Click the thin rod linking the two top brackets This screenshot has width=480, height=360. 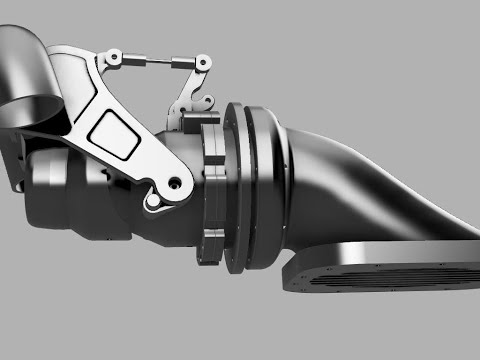pyautogui.click(x=151, y=62)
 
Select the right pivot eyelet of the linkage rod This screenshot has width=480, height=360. pyautogui.click(x=183, y=65)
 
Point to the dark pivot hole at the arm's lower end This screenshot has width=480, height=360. pyautogui.click(x=176, y=185)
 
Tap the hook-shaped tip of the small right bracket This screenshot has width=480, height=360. pyautogui.click(x=206, y=103)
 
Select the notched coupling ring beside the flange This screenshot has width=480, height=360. pyautogui.click(x=212, y=190)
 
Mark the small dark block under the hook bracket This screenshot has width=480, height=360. pyautogui.click(x=190, y=121)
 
